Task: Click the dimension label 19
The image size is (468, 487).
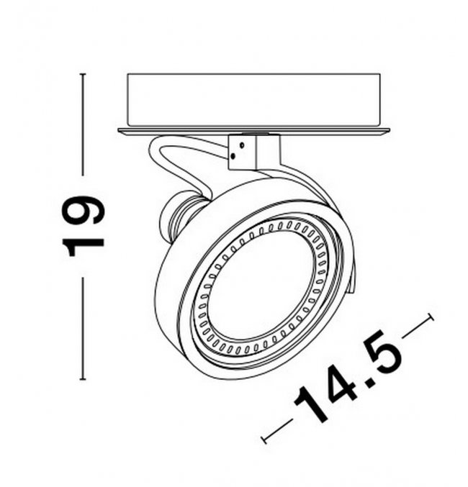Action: click(83, 226)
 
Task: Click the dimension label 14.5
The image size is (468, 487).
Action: click(348, 376)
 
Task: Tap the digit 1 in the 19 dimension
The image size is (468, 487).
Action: click(83, 247)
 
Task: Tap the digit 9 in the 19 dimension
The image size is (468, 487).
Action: click(83, 210)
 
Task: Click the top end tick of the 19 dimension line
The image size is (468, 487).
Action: click(82, 74)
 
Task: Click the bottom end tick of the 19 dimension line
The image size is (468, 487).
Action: click(82, 379)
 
